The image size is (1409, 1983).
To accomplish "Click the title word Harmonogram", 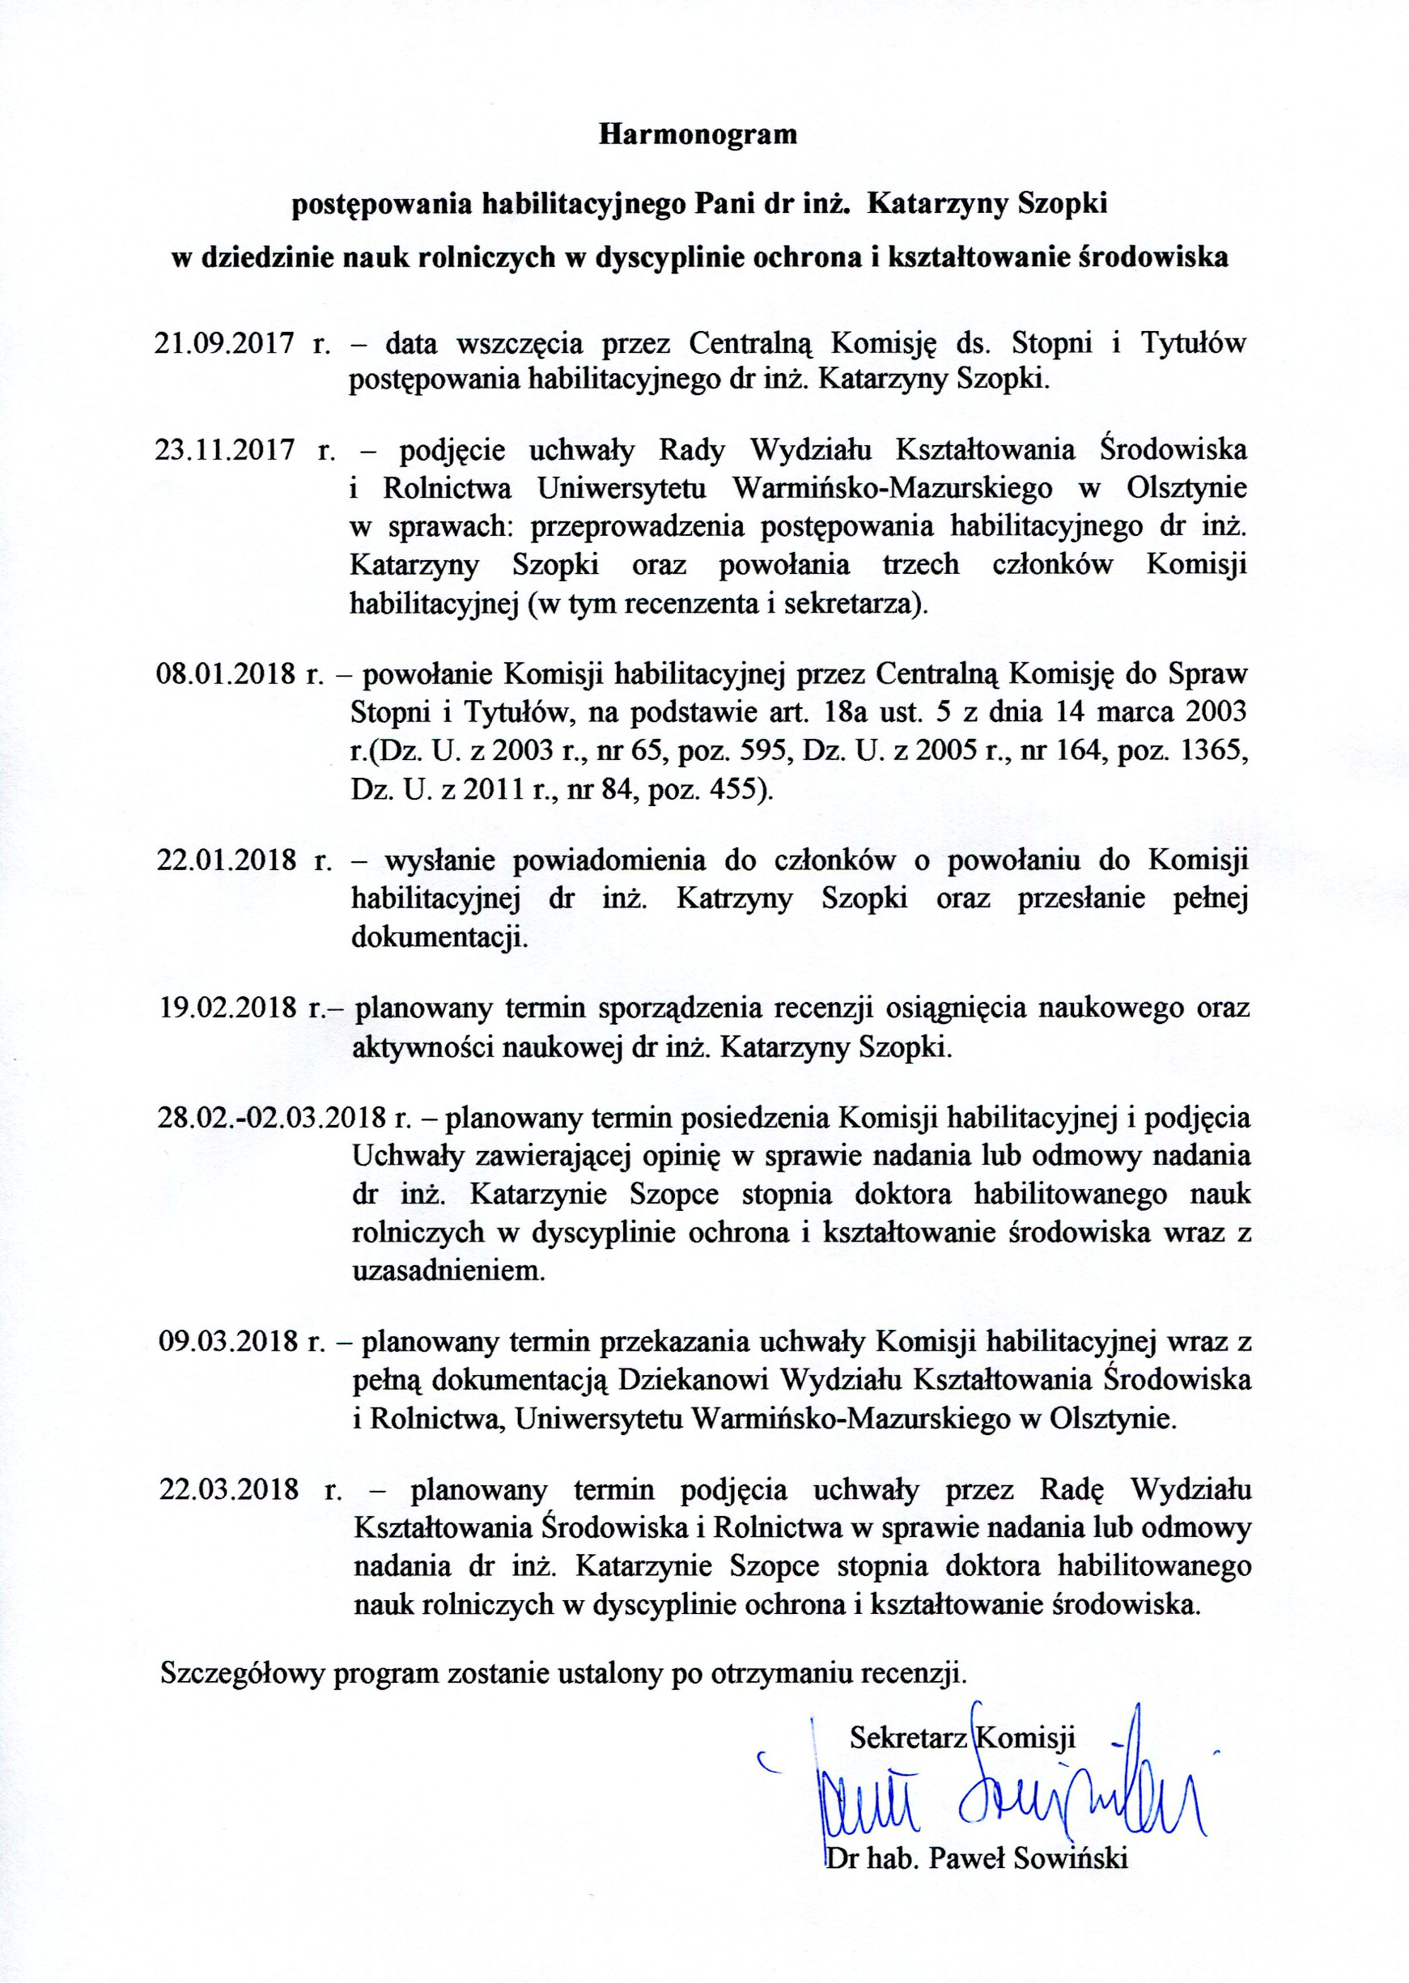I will point(698,135).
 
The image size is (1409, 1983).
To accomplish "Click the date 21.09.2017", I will point(225,343).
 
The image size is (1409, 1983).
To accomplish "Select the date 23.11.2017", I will point(225,451).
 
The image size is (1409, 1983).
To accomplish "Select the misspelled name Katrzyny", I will point(734,898).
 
